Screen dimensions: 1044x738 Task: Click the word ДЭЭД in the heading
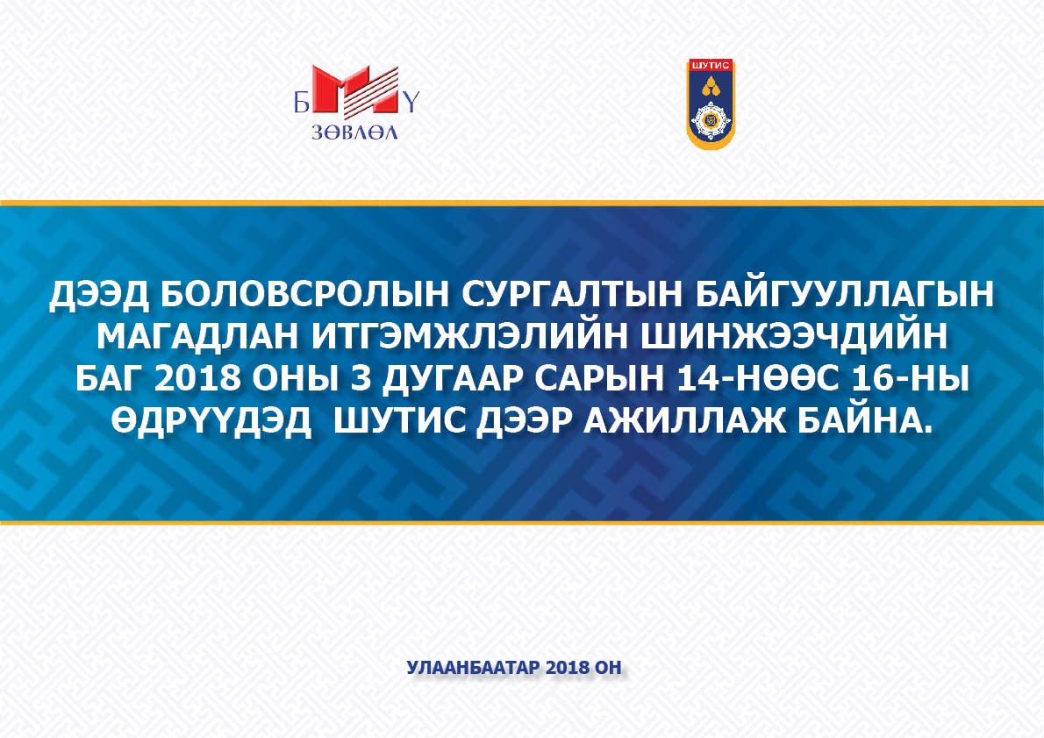[x=99, y=294]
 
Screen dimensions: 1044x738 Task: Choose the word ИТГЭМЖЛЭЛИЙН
[x=470, y=337]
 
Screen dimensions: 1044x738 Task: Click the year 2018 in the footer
[x=566, y=668]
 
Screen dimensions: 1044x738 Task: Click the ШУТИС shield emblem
[x=711, y=104]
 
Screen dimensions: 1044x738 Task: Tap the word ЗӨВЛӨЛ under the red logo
[x=355, y=132]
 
